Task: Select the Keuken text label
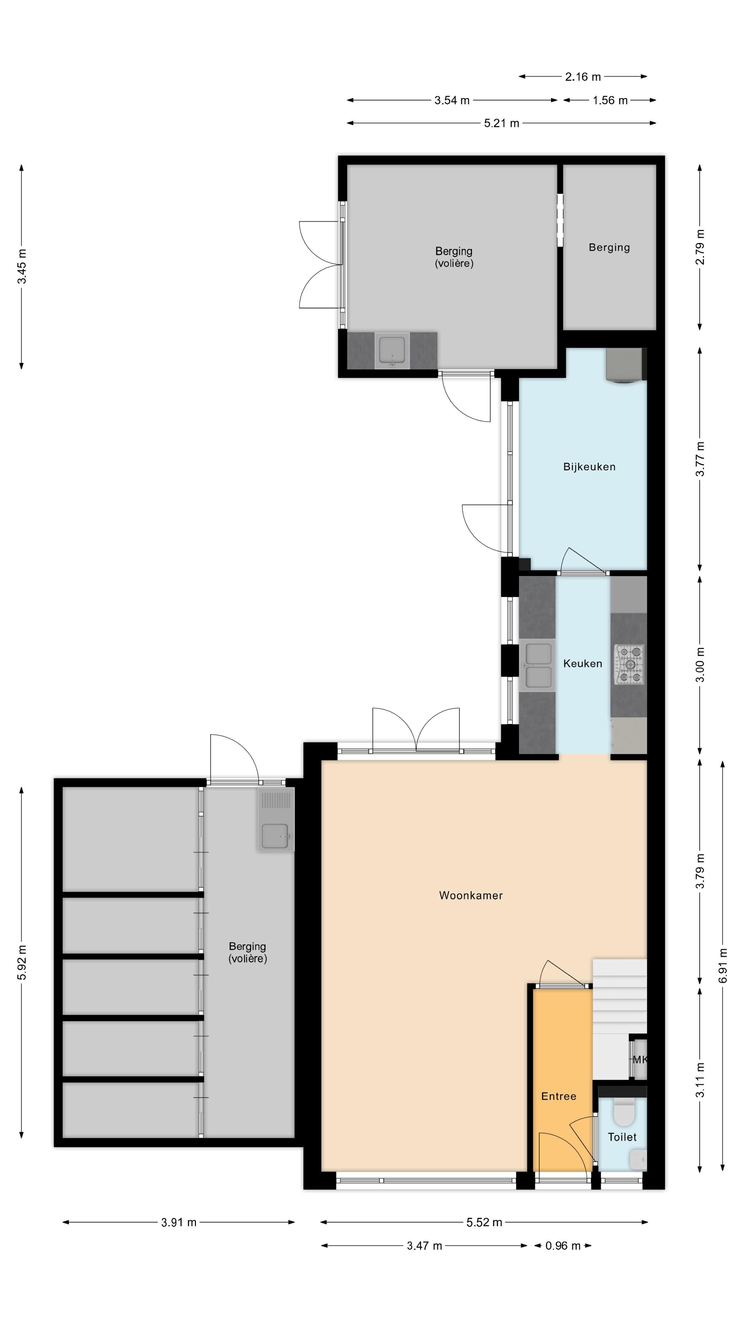[x=582, y=663]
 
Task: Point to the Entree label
[x=559, y=1096]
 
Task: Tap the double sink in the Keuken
[x=537, y=665]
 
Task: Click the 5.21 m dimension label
[x=502, y=123]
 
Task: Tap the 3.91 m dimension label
[x=179, y=1223]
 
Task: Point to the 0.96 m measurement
[x=563, y=1246]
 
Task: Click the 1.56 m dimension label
[x=610, y=100]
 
